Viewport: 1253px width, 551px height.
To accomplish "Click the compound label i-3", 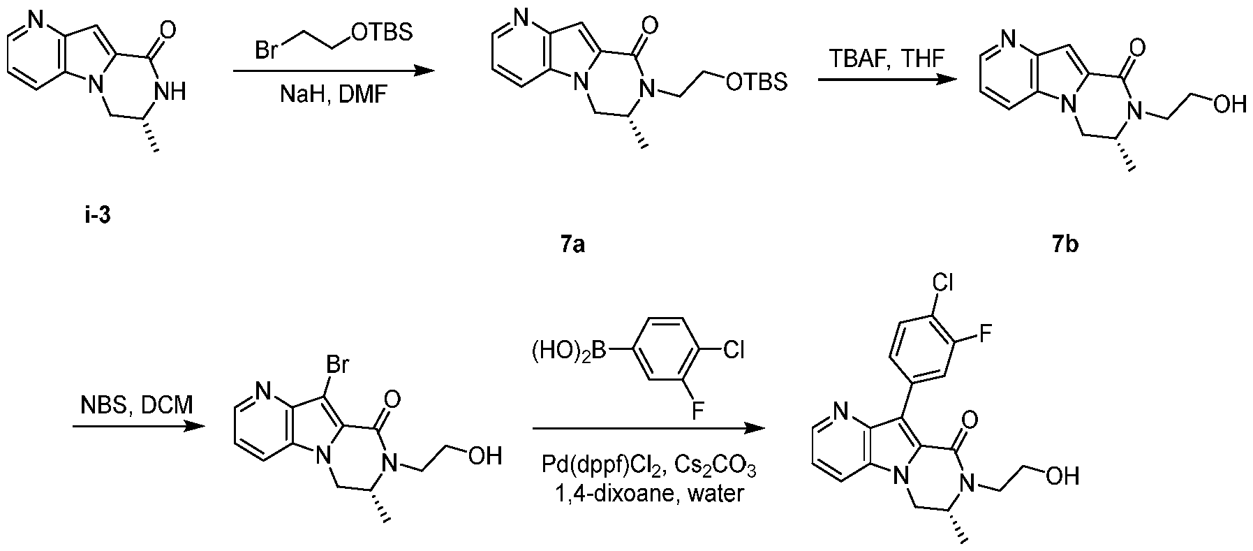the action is click(x=96, y=216).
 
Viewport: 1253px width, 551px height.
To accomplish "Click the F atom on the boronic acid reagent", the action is click(x=698, y=413).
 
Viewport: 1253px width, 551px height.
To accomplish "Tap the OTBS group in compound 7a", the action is click(x=757, y=82).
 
